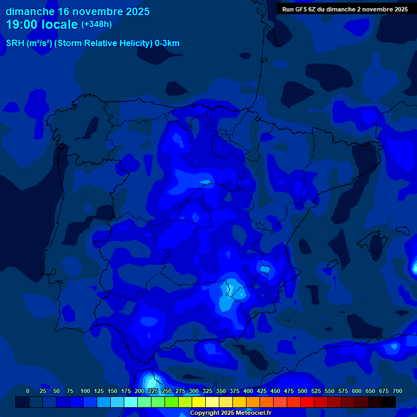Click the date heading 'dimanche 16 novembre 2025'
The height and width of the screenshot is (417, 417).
point(78,11)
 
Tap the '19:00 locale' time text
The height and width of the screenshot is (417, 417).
point(42,24)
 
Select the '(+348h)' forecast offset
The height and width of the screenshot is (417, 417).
point(96,24)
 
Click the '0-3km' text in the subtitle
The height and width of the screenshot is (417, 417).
point(167,43)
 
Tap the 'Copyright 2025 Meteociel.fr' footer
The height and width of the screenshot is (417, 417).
point(230,413)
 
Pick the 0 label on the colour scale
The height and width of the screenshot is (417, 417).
point(28,391)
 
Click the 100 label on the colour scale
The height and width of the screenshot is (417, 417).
point(85,391)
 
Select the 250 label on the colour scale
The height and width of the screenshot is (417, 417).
point(167,391)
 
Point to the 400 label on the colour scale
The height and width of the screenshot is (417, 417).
point(248,391)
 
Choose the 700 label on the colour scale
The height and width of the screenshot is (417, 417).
point(397,391)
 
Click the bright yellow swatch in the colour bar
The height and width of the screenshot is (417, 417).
point(199,402)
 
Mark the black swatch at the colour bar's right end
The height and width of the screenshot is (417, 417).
point(389,402)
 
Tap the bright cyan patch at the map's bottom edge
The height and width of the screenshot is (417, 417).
point(148,380)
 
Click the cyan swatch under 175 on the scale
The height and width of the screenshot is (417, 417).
point(131,402)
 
